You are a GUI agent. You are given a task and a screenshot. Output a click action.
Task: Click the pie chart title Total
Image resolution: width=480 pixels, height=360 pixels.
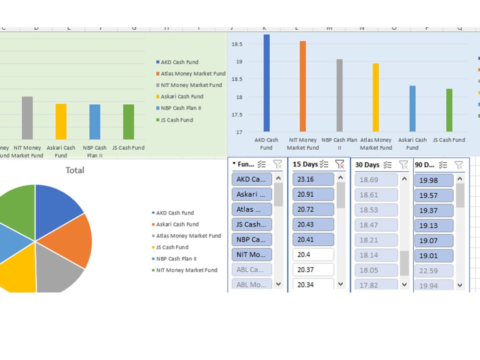(x=74, y=170)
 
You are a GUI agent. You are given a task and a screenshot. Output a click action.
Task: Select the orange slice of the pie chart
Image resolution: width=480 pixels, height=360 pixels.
(x=72, y=240)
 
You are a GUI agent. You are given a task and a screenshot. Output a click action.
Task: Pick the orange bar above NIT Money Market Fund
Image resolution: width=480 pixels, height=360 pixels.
(x=302, y=86)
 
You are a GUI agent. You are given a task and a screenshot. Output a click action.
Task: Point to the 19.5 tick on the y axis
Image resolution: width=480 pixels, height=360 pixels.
(x=237, y=44)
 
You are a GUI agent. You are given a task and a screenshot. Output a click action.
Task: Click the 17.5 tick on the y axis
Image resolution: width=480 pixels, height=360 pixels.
(x=237, y=115)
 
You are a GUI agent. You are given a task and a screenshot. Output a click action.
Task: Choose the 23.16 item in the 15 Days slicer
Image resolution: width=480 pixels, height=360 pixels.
(x=313, y=180)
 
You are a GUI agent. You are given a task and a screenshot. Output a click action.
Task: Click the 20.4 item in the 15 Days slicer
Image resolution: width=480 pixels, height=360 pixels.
(x=313, y=254)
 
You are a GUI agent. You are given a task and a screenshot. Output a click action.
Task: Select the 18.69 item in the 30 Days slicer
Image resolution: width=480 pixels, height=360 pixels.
(x=376, y=180)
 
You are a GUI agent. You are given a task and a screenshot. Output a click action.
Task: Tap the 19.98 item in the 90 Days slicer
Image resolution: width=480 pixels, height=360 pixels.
(x=433, y=180)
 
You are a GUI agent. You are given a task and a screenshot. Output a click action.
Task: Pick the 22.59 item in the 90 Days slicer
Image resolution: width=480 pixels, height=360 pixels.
(x=433, y=271)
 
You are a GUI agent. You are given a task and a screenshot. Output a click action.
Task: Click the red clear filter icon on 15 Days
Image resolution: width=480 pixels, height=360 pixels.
(x=340, y=165)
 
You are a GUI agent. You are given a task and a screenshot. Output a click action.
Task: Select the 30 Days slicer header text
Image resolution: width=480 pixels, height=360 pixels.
(x=367, y=165)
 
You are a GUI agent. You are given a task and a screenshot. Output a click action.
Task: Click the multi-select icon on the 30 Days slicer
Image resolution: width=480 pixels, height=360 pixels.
(x=387, y=165)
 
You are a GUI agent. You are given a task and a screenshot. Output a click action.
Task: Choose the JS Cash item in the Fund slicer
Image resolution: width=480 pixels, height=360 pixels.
(x=252, y=224)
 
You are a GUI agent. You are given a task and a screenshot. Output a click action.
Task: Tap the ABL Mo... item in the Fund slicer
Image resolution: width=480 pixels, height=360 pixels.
(x=252, y=284)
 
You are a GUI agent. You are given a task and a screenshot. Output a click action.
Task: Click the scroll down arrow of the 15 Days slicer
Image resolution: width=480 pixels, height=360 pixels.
(x=341, y=284)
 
